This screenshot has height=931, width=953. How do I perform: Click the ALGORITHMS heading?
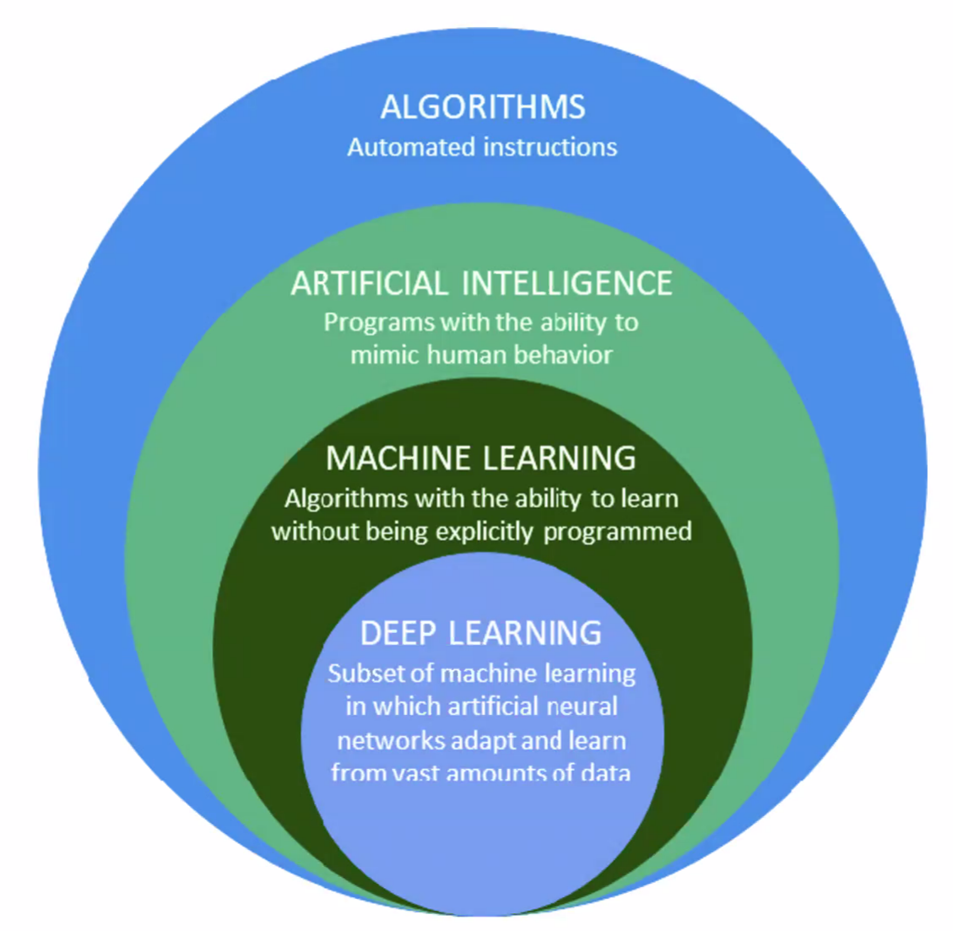point(482,107)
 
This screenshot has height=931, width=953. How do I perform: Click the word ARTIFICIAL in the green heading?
point(370,284)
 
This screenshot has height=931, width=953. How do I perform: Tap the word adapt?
point(481,741)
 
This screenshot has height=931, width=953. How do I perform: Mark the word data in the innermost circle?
point(605,772)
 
